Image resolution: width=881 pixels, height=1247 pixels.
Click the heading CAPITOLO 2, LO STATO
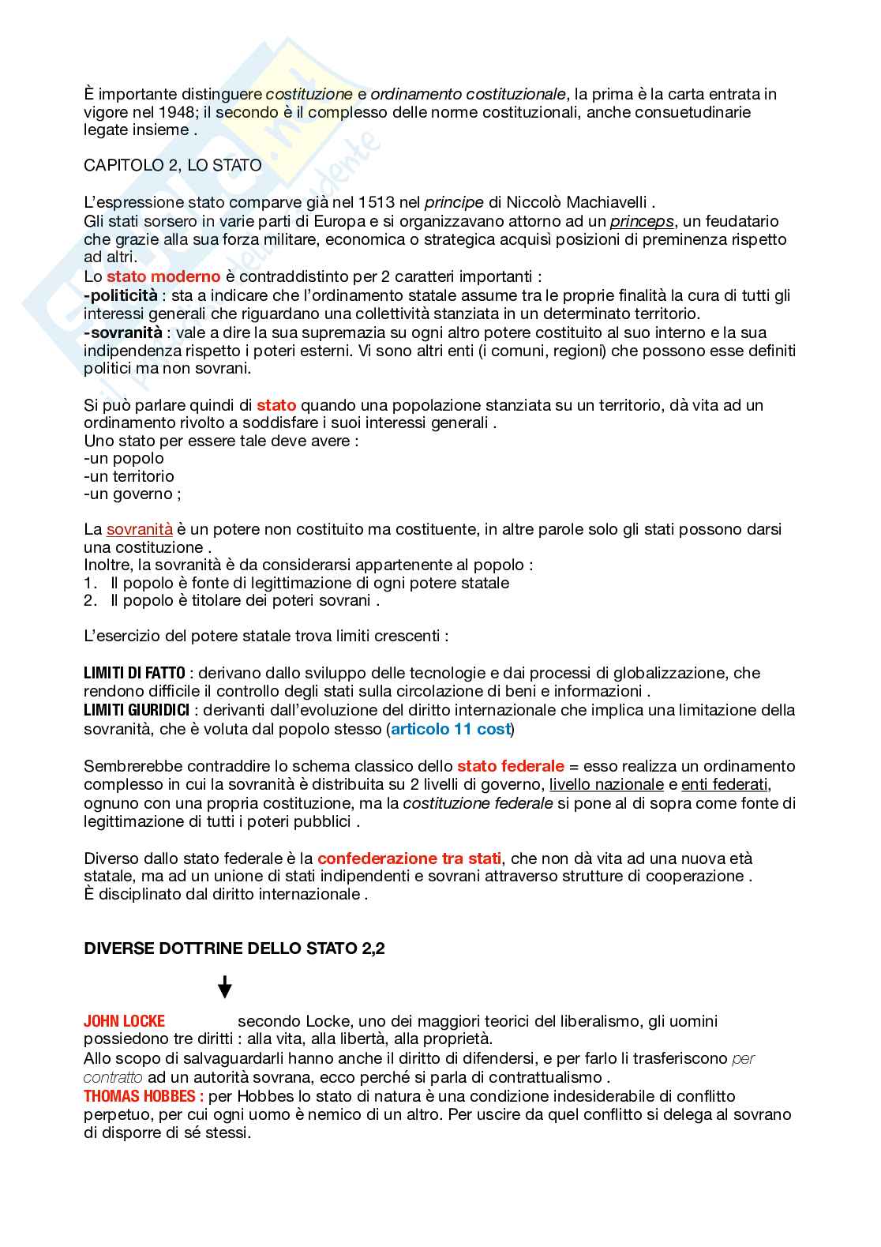click(x=172, y=166)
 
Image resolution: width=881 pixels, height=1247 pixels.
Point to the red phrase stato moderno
click(x=163, y=277)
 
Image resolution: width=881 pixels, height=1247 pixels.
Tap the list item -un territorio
click(x=129, y=476)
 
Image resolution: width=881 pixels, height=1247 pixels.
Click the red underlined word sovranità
click(x=140, y=529)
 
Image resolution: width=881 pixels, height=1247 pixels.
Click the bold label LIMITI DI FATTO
click(x=134, y=673)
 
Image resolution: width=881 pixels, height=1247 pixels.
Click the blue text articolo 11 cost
click(x=451, y=729)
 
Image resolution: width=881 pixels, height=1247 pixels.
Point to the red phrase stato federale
click(x=511, y=766)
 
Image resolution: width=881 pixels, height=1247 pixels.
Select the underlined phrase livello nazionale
click(x=606, y=784)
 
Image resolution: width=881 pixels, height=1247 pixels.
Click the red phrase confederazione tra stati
click(x=410, y=858)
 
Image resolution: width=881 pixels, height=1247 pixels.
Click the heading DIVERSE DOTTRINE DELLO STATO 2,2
click(x=234, y=949)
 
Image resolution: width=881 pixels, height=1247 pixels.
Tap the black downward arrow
click(x=225, y=987)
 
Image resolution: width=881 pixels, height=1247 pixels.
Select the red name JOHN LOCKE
click(x=124, y=1021)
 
